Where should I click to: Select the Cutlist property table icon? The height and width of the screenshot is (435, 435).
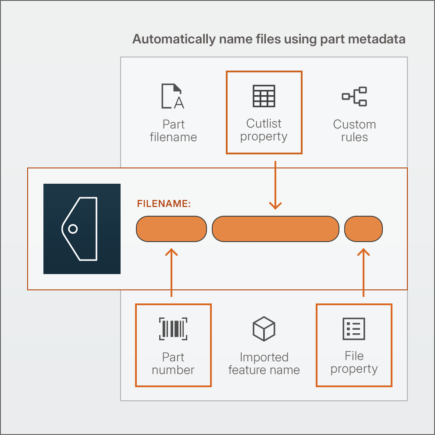click(x=264, y=96)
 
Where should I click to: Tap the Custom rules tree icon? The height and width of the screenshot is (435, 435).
click(x=354, y=96)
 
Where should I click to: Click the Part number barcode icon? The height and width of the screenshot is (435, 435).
click(x=173, y=329)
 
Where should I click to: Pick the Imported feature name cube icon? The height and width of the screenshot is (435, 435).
click(x=264, y=329)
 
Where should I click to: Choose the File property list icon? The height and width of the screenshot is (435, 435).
click(x=354, y=329)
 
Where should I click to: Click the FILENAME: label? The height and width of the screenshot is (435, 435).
click(x=164, y=203)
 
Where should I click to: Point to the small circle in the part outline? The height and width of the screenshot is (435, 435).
click(x=73, y=229)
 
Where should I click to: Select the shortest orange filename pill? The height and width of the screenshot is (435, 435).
click(x=364, y=229)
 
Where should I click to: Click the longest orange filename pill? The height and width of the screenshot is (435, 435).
click(x=275, y=229)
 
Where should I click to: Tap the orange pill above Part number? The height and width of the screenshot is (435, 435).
click(x=171, y=229)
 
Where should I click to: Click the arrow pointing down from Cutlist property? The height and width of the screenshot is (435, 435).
click(x=275, y=185)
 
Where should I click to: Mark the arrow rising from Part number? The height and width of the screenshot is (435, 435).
click(x=171, y=272)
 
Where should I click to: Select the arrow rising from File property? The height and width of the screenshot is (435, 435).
click(x=364, y=272)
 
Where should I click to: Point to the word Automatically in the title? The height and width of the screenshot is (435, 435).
click(x=174, y=39)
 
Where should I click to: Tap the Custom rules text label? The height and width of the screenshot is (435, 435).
click(x=355, y=131)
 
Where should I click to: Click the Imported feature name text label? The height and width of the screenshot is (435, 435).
click(x=264, y=364)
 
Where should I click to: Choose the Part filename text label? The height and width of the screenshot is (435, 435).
click(x=173, y=131)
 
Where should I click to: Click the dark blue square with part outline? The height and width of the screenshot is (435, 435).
click(x=82, y=229)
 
